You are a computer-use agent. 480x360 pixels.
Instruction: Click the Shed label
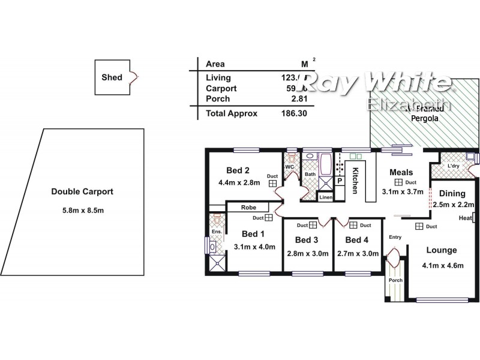pos(112,77)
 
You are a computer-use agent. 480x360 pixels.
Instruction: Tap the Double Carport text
pos(82,192)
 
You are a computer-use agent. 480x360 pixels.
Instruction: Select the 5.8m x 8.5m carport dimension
pos(82,210)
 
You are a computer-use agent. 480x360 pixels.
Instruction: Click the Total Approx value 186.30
pos(294,113)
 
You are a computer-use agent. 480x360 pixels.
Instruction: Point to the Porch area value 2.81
pos(298,98)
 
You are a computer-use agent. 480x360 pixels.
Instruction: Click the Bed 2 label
pos(238,170)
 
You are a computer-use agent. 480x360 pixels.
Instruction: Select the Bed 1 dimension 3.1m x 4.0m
pos(254,245)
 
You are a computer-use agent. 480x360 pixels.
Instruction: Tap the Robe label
pos(248,207)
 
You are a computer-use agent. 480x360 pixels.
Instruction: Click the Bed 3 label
pos(307,239)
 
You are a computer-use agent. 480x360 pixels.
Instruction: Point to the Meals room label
pos(401,172)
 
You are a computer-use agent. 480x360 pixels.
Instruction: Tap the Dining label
pos(452,193)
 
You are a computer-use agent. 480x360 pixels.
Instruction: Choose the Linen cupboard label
pos(326,197)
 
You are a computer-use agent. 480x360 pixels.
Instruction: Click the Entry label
pos(395,237)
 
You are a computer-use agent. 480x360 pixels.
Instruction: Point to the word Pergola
pos(424,119)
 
